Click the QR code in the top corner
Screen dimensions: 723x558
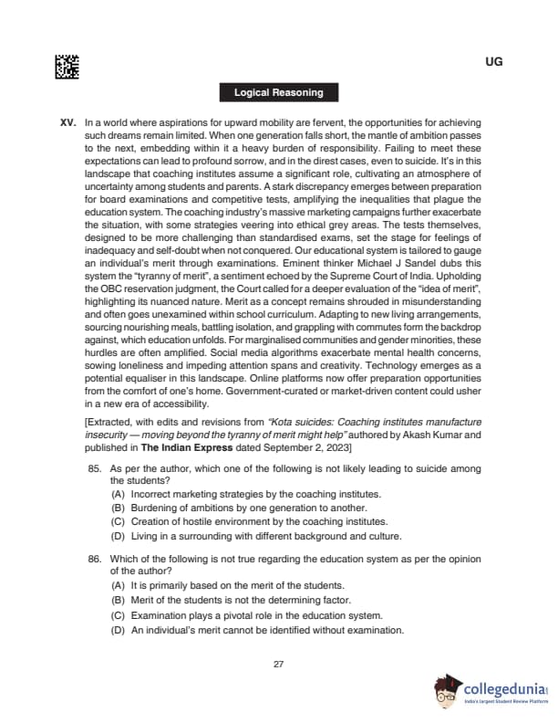point(67,66)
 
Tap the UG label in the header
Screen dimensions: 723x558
point(494,62)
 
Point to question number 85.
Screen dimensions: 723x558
point(94,468)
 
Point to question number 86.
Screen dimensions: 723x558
point(94,558)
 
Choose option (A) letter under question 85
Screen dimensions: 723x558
point(118,493)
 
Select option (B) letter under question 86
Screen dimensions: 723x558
point(118,600)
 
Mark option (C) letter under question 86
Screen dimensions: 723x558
point(118,615)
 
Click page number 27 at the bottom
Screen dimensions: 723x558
point(279,664)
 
